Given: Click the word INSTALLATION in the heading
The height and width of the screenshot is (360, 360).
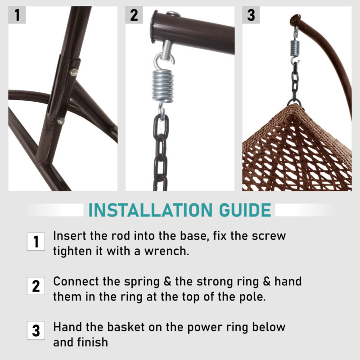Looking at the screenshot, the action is (151, 210).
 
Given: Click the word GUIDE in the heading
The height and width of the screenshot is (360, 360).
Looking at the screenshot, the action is (245, 210).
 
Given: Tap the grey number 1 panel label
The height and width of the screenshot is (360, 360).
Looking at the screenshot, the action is (17, 15).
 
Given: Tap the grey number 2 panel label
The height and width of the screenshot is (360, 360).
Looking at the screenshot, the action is (134, 15).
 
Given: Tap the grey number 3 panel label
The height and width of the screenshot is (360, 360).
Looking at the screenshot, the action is (251, 15).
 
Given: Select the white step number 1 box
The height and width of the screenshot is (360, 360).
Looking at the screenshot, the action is (36, 242).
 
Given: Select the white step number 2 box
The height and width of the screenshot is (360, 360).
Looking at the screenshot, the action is (36, 286).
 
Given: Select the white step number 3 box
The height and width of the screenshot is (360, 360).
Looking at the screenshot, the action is (36, 331).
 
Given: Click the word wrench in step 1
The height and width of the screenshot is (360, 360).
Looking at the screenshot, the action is (166, 251).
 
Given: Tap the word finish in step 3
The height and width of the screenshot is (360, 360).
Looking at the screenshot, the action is (93, 342).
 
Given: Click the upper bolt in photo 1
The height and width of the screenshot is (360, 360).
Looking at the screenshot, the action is (74, 72).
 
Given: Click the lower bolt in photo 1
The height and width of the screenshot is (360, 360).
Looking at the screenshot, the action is (61, 121).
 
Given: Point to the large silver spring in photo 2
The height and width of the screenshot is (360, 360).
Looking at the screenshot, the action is (162, 85).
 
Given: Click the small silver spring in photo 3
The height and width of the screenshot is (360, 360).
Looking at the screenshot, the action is (295, 48).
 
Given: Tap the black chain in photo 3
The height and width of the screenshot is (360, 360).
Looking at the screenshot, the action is (295, 84).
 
